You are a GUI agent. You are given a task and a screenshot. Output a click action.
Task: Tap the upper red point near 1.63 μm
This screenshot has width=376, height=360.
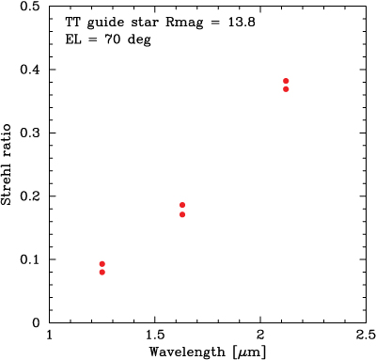[182, 205]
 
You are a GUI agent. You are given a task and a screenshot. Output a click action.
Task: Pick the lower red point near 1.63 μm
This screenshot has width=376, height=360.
[182, 214]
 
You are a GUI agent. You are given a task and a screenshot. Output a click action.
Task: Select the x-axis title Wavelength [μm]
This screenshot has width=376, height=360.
[207, 352]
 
